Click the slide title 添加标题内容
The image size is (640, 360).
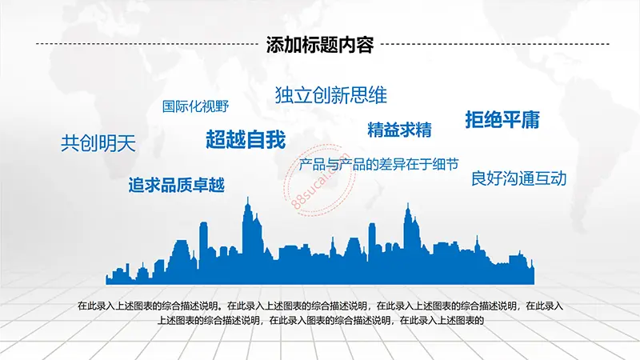click(320, 45)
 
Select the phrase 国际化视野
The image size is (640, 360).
click(195, 106)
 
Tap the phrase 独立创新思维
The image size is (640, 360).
click(331, 95)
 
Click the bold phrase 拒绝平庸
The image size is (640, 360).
click(502, 119)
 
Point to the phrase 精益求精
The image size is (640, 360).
click(399, 130)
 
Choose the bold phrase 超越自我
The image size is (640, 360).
click(246, 139)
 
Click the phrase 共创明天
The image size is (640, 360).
click(98, 143)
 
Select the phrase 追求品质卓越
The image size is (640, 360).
click(176, 185)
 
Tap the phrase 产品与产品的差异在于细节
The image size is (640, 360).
click(378, 165)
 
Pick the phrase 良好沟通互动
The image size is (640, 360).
click(518, 178)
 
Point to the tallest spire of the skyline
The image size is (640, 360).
click(247, 200)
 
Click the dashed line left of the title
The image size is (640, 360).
click(147, 44)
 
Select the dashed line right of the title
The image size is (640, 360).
click(495, 44)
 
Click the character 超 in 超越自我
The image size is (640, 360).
click(215, 139)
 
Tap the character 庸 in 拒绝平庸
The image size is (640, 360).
click(531, 119)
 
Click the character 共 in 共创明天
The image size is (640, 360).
click(70, 143)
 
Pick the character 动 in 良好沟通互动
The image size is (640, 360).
click(558, 178)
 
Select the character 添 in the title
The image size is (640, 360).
click(275, 45)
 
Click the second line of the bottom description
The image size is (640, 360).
click(321, 321)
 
